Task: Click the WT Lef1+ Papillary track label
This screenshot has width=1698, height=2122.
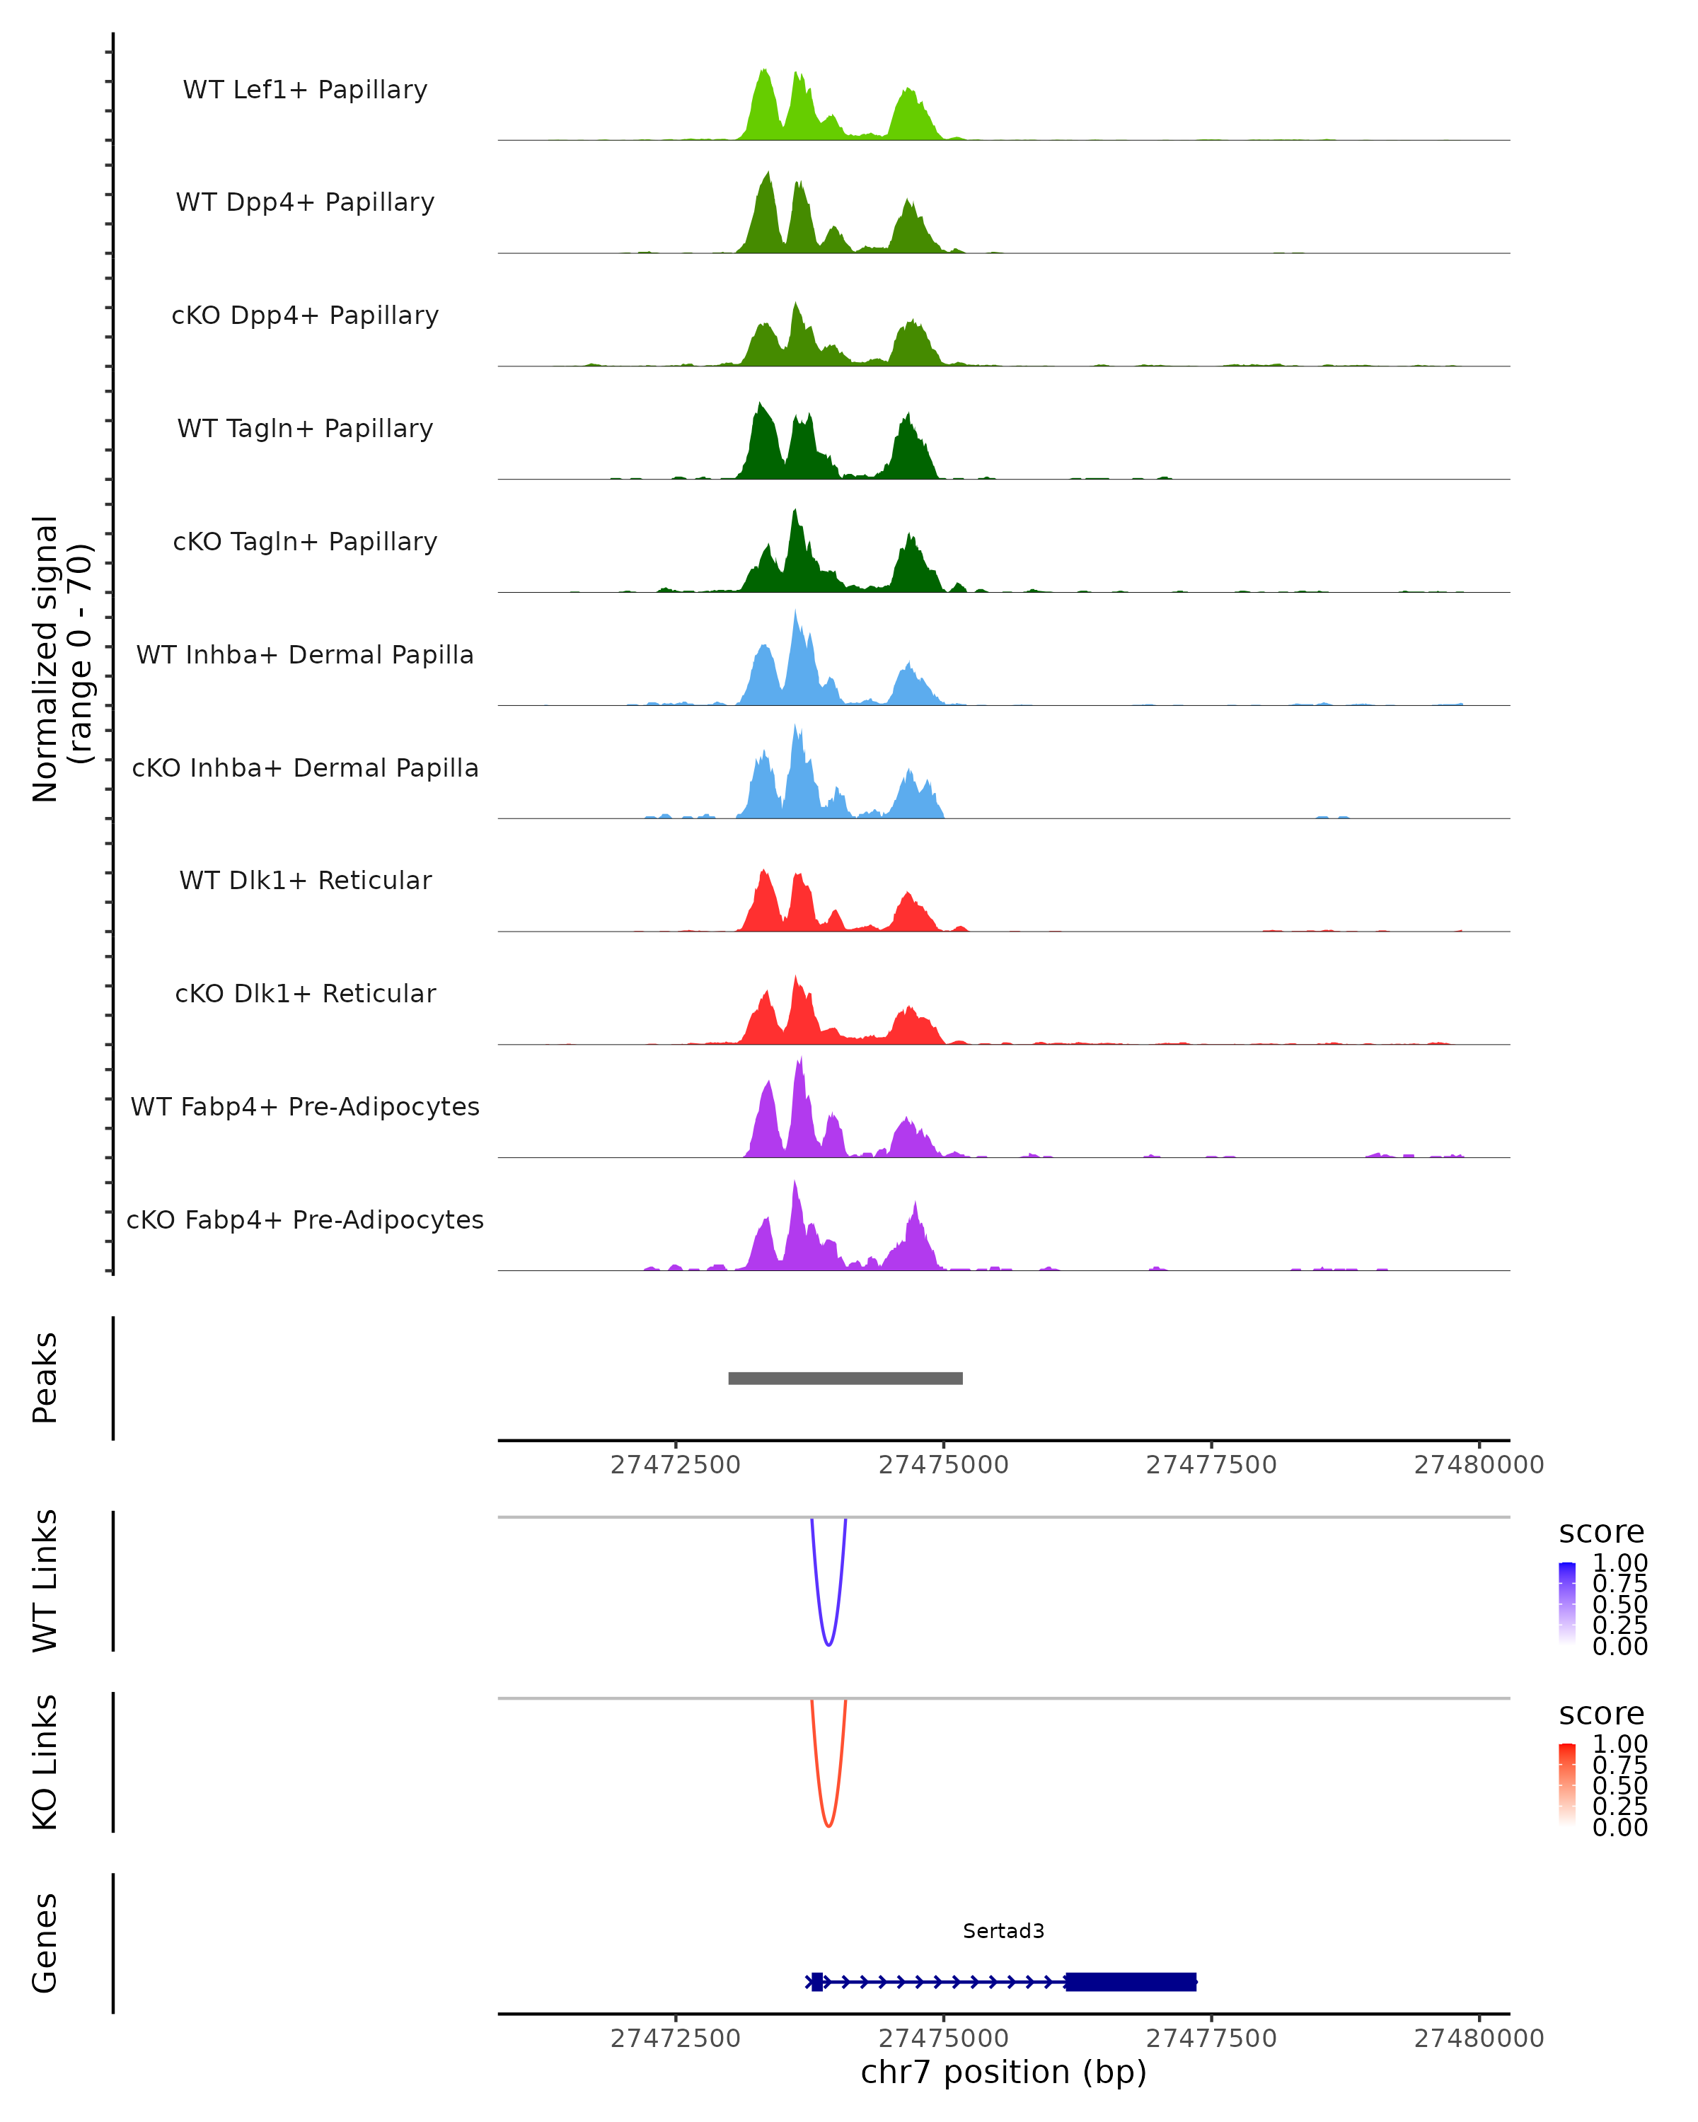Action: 305,90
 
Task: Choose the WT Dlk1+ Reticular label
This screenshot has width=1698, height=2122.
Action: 305,880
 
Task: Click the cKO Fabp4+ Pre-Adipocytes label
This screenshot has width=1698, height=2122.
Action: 305,1219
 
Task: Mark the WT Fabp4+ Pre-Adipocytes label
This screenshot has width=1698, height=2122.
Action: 305,1106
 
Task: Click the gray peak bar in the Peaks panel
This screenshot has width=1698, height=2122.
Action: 845,1378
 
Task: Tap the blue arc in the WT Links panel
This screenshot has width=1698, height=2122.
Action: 828,1644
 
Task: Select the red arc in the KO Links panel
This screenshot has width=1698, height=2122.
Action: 828,1825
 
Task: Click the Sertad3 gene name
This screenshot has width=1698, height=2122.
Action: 1003,1931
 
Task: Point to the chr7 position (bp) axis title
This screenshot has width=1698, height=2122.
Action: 1003,2072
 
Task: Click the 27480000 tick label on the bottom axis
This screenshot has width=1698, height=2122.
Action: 1479,2039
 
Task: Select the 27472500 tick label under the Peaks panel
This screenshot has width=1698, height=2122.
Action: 675,1465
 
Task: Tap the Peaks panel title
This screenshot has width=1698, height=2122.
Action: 45,1378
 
